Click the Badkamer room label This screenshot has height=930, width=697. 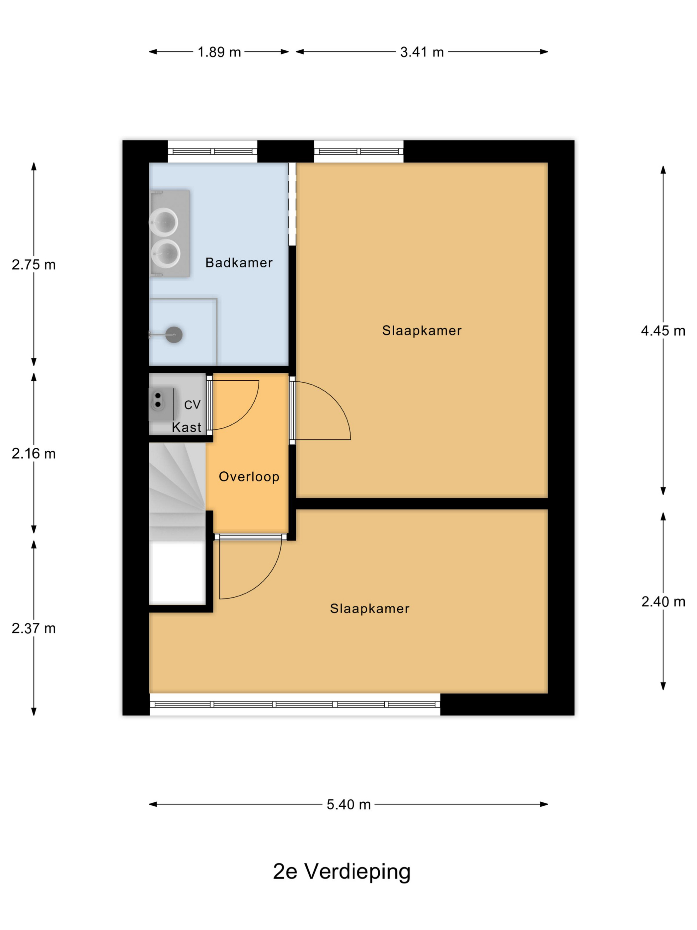[239, 263]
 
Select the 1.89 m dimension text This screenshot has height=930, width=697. [219, 52]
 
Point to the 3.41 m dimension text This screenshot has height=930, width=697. [422, 52]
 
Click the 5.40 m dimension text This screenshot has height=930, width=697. [349, 804]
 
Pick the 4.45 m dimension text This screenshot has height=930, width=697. [663, 331]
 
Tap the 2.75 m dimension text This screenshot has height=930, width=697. [34, 265]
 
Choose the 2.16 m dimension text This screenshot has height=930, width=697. [34, 454]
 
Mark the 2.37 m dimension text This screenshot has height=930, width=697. [34, 628]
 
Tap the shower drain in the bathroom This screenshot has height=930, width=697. [174, 335]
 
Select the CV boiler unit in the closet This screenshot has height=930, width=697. [162, 404]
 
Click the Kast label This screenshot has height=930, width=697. [187, 427]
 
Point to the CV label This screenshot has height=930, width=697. [193, 405]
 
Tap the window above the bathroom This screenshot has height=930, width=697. [213, 151]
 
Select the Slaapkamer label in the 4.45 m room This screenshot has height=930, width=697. [422, 331]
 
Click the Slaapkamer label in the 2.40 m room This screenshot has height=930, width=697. [370, 609]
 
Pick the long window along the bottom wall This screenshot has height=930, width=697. [295, 704]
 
